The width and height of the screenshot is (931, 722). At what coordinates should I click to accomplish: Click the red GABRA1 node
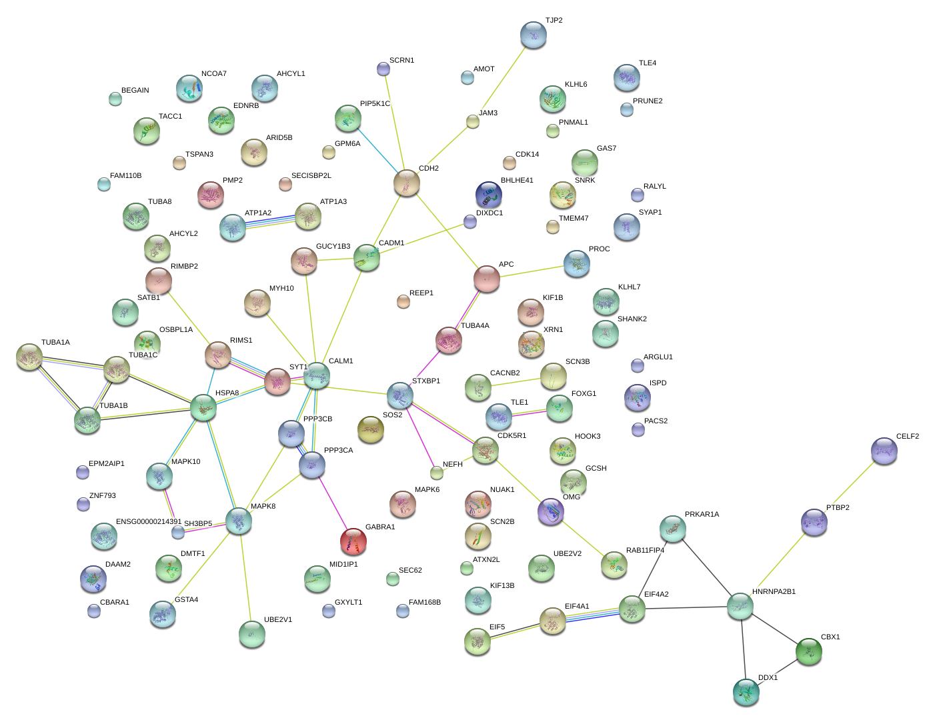(353, 541)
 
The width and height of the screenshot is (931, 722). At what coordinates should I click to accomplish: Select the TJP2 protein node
(533, 35)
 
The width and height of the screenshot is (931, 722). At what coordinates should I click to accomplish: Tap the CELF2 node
(884, 451)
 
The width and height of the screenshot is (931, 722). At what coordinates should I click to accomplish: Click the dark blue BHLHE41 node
(488, 194)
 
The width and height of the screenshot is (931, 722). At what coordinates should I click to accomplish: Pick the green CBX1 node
(809, 651)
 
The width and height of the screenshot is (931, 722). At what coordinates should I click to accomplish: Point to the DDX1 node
(746, 692)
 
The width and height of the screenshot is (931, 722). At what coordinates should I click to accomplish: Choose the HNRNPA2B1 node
(740, 605)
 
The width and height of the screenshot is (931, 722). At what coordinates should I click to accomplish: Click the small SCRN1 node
(383, 68)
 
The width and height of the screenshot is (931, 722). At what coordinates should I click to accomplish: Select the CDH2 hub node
(406, 183)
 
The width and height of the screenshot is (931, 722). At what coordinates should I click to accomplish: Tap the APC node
(486, 278)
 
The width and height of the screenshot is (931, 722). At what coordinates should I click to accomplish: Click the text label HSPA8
(227, 393)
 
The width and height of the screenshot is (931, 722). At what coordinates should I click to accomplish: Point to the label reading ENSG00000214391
(149, 522)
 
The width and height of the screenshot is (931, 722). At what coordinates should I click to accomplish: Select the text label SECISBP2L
(311, 176)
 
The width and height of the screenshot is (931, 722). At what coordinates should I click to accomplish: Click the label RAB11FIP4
(645, 551)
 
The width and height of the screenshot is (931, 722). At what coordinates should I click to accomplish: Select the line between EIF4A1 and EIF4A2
(592, 615)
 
